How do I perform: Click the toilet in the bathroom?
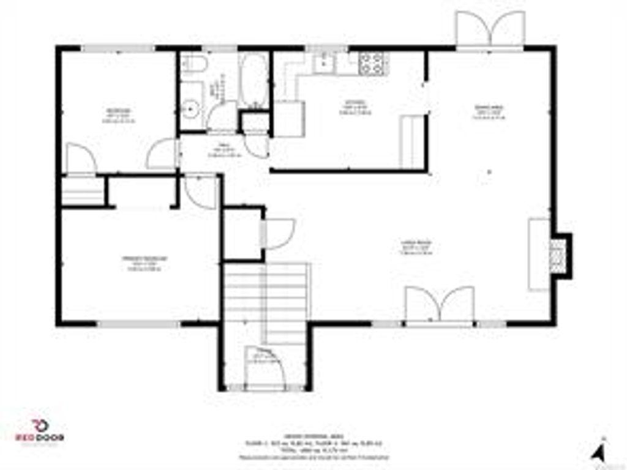(193, 63)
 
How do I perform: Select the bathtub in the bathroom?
(253, 80)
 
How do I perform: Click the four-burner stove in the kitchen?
(372, 62)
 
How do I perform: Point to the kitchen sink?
(323, 61)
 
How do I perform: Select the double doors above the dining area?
(490, 29)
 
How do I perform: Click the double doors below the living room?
(440, 304)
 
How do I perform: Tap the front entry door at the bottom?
(264, 368)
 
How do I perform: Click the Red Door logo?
(40, 431)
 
